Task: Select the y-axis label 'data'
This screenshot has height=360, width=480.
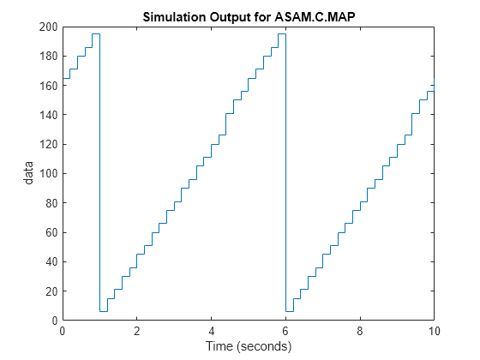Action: (x=29, y=173)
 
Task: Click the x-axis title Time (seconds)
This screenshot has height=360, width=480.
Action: (x=249, y=346)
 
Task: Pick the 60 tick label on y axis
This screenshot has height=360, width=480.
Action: (x=51, y=232)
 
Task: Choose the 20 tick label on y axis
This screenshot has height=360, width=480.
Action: (x=51, y=291)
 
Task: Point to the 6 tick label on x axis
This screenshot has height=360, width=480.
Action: (x=286, y=331)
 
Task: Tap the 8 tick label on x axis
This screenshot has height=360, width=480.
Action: (x=361, y=331)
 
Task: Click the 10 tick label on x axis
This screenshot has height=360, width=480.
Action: (x=435, y=331)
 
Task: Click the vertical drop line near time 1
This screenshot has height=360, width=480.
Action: (x=99, y=171)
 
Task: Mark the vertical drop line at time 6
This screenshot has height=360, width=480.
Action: (x=285, y=171)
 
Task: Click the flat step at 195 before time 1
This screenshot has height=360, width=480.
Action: (x=95, y=34)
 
